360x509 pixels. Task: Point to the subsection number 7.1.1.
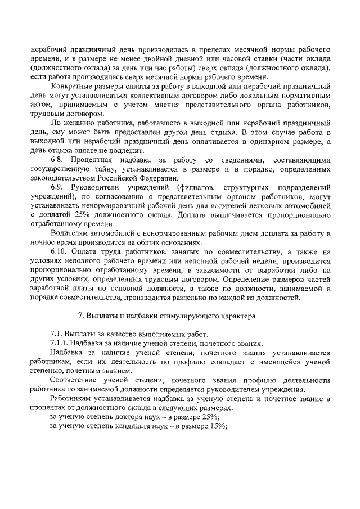click(x=61, y=344)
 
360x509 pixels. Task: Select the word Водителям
click(x=69, y=232)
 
